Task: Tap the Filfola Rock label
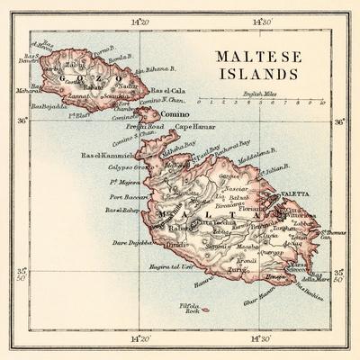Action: [187, 310]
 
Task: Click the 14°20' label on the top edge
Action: [140, 20]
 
